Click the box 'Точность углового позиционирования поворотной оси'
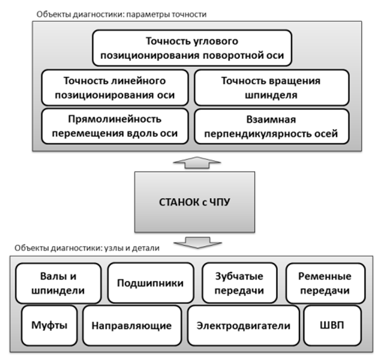192,48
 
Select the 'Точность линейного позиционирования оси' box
115,88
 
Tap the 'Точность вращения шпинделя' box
272,88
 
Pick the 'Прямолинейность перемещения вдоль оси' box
115,126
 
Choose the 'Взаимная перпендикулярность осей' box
272,126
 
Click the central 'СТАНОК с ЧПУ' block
194,202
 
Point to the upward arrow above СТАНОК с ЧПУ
197,163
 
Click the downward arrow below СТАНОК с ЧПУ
198,243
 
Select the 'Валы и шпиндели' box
58,283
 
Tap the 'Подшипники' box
151,283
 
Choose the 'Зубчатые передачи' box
239,283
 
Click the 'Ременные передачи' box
325,283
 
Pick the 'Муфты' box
49,326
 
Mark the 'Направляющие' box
132,326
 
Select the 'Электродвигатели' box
243,326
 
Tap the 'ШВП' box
332,326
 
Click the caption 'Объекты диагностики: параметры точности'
121,14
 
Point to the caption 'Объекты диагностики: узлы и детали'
87,248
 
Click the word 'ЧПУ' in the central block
220,202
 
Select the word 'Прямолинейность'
115,119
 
